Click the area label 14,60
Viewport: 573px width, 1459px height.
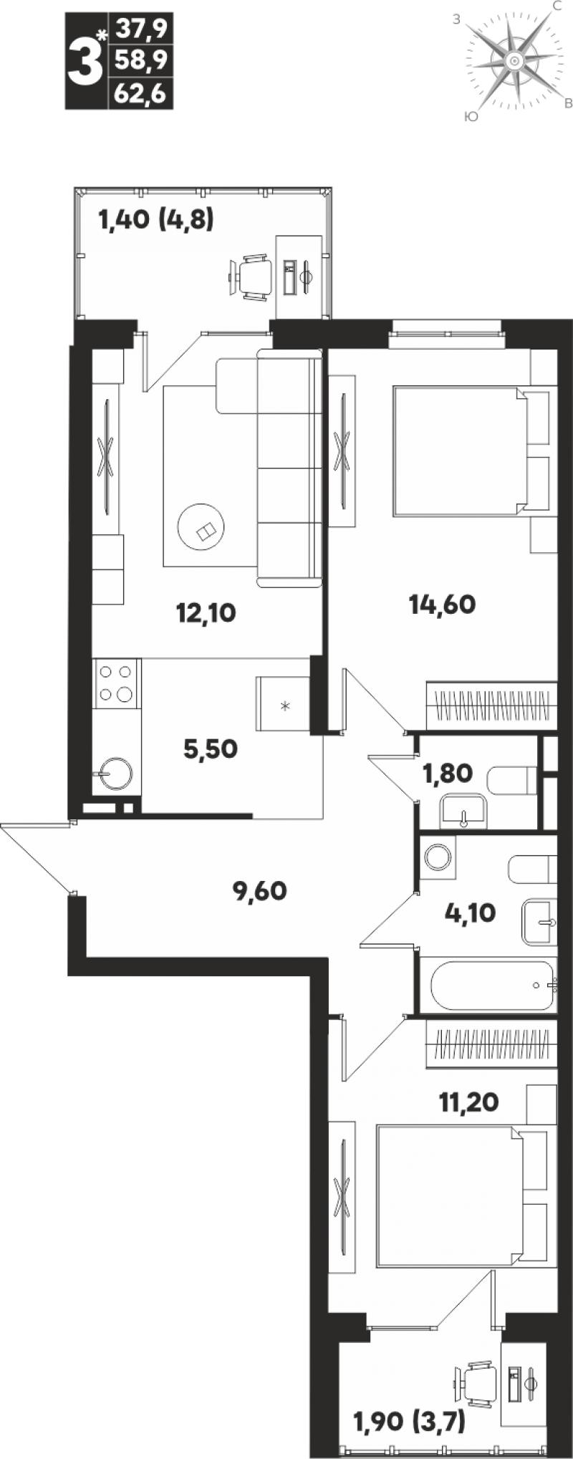tap(442, 605)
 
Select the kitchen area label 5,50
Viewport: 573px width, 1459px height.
tap(211, 749)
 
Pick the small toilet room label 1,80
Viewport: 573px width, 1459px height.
tap(448, 773)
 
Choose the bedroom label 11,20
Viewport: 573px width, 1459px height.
tap(468, 1101)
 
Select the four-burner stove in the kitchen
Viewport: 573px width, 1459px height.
tap(116, 683)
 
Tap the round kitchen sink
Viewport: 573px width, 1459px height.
tap(116, 774)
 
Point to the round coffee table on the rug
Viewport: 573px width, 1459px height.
tap(201, 527)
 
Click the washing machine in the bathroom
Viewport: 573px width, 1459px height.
tap(437, 857)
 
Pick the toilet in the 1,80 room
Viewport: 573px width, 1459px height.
tap(512, 780)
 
